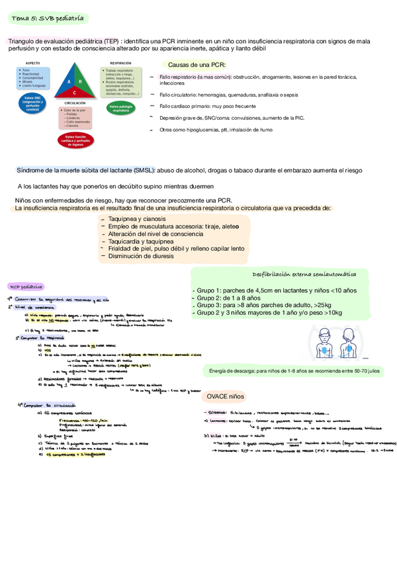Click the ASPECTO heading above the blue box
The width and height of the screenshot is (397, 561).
33,62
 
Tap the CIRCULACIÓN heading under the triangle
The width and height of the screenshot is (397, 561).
75,104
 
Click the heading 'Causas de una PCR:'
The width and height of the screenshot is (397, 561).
197,65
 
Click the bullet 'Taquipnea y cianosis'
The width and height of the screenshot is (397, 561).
138,218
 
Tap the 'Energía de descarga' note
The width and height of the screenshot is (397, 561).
294,372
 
